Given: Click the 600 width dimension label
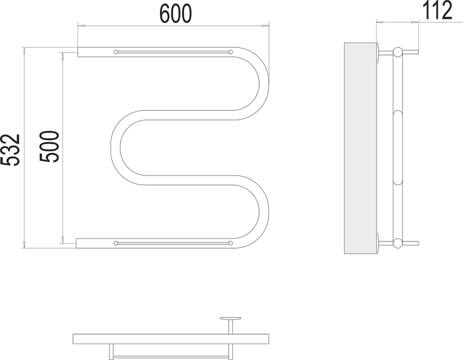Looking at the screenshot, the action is [175, 14].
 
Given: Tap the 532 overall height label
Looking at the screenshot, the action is [10, 150].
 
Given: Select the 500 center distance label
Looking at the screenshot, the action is [50, 146].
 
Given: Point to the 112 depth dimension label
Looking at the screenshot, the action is [438, 10].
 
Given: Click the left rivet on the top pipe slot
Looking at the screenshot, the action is [116, 52].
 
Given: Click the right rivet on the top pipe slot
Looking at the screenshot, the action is [230, 52].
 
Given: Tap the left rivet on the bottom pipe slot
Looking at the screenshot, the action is [116, 243].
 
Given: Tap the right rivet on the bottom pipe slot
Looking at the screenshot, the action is [230, 243].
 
